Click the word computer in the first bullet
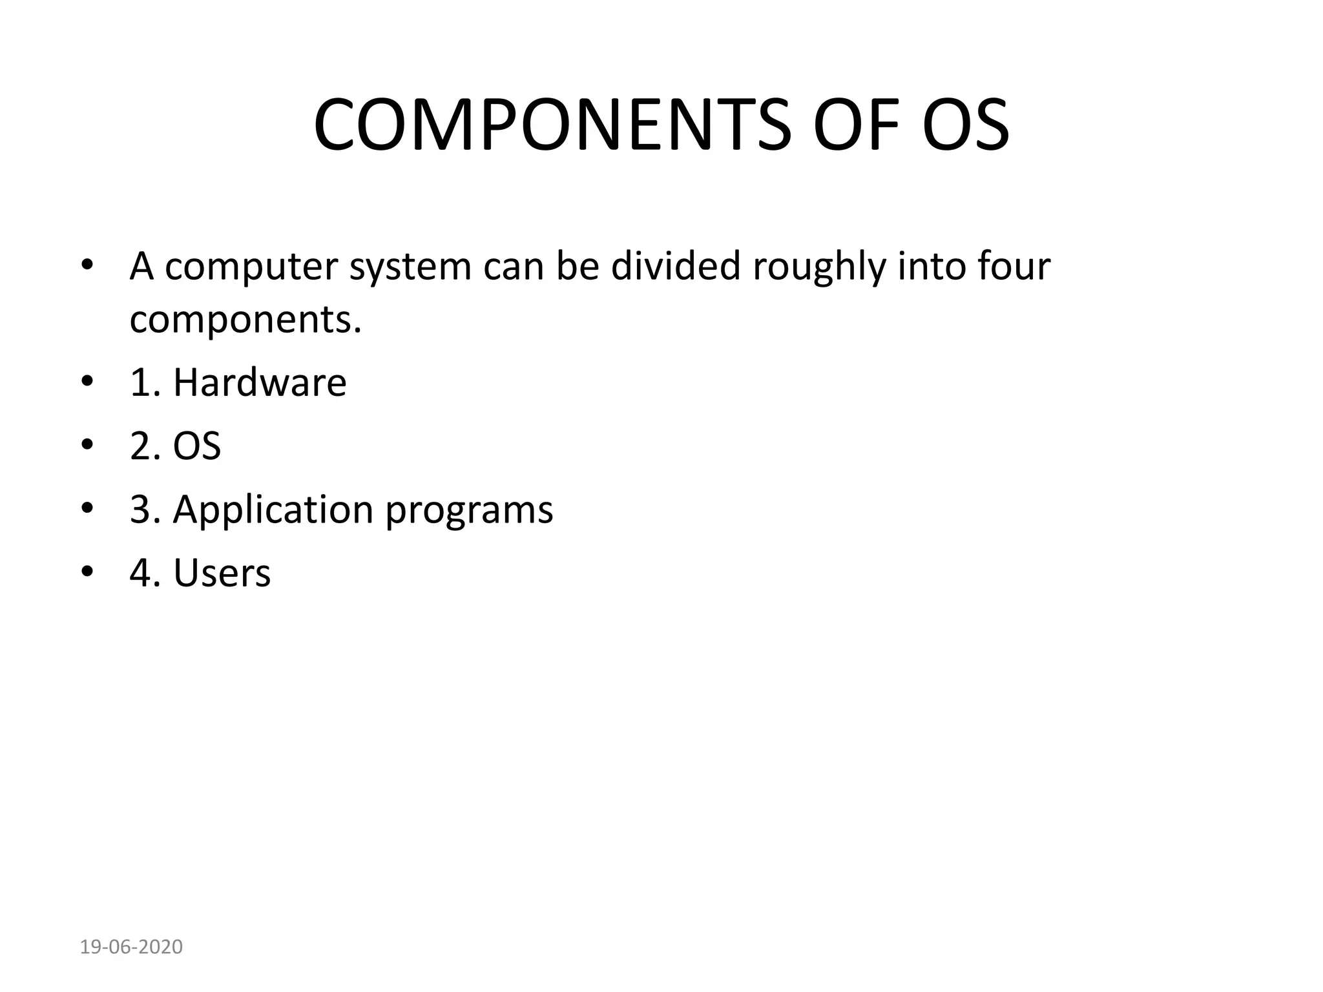251,267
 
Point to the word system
410,267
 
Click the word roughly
819,267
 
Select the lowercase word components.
245,320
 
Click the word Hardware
260,382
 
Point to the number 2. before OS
145,446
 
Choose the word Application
273,510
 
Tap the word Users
222,573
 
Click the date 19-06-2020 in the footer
131,947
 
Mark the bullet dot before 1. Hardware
88,382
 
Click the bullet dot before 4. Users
88,572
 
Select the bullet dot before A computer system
88,265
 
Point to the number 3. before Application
145,509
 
